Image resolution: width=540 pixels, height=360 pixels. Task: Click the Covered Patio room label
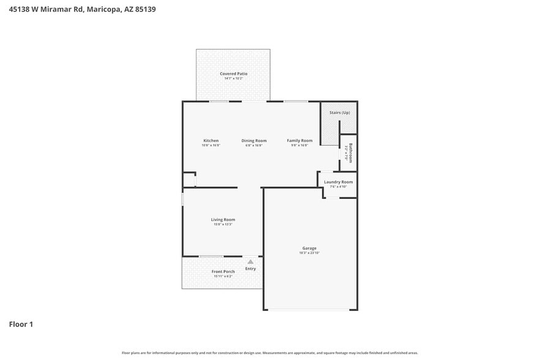point(233,73)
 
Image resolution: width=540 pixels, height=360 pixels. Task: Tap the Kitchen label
point(211,141)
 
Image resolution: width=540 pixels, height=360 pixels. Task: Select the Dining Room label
point(254,141)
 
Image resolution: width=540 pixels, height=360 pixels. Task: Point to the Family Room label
point(299,141)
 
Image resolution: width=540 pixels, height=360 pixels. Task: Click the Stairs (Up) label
point(340,113)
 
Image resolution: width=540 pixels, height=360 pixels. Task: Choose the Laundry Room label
point(338,182)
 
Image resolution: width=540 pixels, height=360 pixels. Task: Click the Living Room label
point(223,220)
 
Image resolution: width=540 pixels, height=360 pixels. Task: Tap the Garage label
point(309,248)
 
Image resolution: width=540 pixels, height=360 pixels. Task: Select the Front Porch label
point(223,272)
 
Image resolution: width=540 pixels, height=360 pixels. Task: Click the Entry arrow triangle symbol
point(250,262)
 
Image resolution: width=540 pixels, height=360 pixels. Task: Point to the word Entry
point(250,269)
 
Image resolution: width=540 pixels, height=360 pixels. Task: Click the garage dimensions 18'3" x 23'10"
point(309,253)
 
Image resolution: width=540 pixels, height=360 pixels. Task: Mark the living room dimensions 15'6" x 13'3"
point(223,225)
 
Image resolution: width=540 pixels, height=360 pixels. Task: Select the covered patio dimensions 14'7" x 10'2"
point(233,78)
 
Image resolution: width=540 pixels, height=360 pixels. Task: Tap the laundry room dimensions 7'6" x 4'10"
point(338,187)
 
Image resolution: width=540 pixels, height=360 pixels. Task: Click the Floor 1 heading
point(21,324)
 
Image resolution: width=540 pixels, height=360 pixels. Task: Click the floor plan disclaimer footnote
point(270,353)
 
